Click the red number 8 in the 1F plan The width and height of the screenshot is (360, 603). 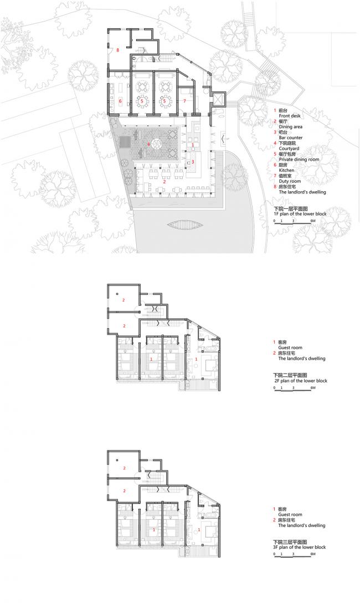point(118,50)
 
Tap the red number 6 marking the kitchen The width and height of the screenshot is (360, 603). point(120,101)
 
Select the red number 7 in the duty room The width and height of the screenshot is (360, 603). point(184,101)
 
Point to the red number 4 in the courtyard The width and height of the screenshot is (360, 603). point(148,145)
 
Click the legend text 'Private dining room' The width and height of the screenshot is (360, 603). point(299,159)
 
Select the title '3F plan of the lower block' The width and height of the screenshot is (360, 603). point(300,547)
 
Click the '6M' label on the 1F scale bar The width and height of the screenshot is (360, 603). point(313,221)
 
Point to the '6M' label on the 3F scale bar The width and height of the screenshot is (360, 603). point(313,554)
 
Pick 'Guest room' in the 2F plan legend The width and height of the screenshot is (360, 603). point(291,348)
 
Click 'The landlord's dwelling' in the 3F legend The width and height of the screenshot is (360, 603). point(301,525)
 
